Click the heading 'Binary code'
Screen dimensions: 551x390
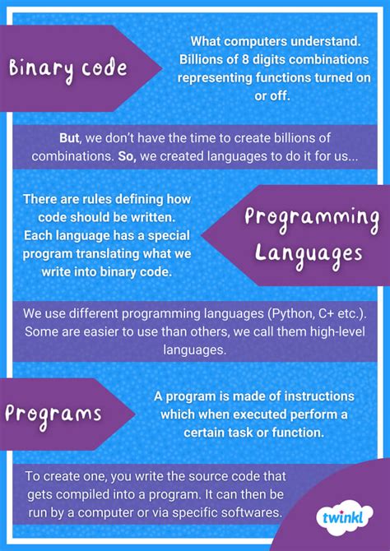click(x=68, y=67)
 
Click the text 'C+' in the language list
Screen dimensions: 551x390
click(x=326, y=314)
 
